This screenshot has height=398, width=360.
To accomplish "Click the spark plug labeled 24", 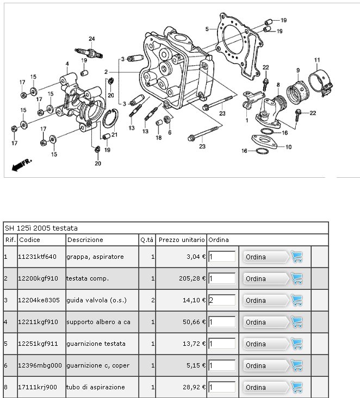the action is tap(89, 53).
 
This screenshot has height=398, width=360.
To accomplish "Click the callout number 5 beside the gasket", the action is tap(207, 29).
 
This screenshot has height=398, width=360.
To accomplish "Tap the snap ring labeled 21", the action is tap(110, 118).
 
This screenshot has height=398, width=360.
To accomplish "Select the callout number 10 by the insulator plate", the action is tap(288, 147).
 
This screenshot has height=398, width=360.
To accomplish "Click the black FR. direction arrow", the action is tap(22, 165).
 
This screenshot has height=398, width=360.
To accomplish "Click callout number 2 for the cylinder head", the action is tap(106, 72).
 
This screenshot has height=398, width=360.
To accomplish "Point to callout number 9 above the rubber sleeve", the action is tap(298, 70).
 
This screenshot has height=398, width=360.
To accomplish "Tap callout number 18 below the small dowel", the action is tap(159, 138).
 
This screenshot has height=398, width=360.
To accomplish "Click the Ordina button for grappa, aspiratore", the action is tap(266, 257).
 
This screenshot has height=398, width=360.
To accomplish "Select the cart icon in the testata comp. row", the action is tap(297, 279).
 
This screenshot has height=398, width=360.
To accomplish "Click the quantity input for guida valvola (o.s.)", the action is tap(222, 300).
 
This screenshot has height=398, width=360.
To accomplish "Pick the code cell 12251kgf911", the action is tap(38, 344).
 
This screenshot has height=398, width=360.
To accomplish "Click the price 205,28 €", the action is tap(192, 278).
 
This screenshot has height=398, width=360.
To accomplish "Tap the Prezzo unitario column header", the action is tap(182, 240).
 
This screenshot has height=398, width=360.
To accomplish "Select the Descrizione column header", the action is tap(85, 240).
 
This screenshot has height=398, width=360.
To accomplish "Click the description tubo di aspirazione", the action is tap(96, 387).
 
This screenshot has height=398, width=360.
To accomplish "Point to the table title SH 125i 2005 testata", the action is tap(41, 228).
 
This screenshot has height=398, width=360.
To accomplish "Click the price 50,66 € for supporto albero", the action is tap(194, 322).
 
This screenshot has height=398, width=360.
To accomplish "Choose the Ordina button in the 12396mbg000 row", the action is tap(266, 365).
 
